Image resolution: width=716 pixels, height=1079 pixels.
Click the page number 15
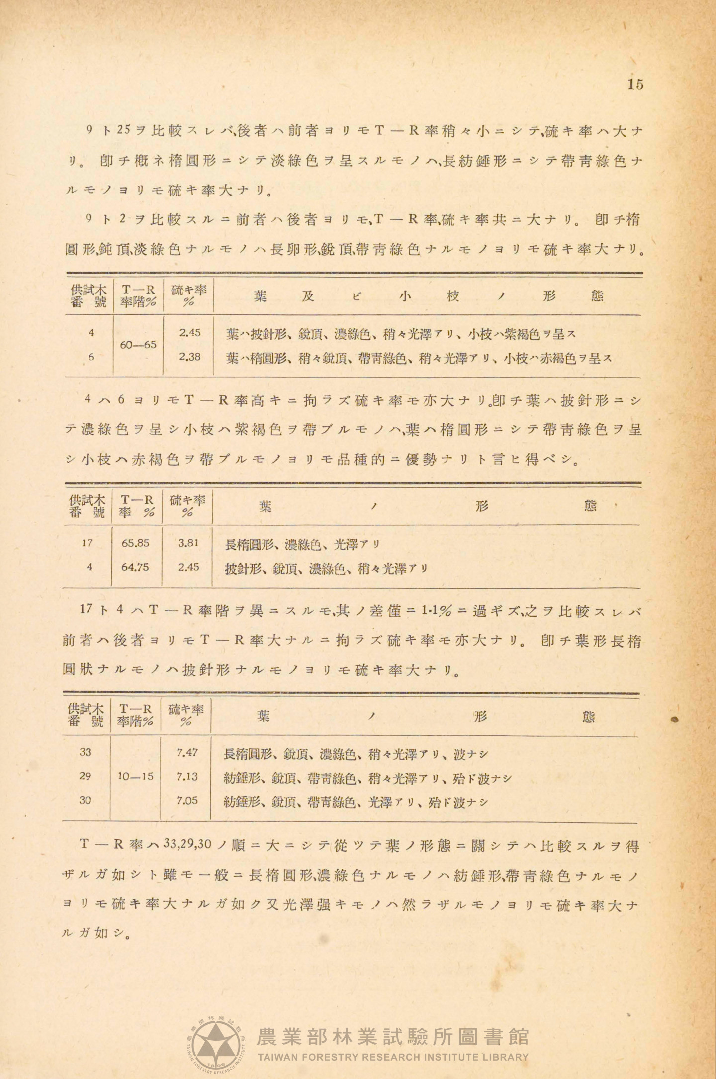pyautogui.click(x=635, y=84)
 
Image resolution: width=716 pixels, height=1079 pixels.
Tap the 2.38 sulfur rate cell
pyautogui.click(x=190, y=357)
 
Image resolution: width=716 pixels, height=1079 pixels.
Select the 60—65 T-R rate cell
pyautogui.click(x=138, y=345)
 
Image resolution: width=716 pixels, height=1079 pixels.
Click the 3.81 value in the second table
pyautogui.click(x=188, y=543)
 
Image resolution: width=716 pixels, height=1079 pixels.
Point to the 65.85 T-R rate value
pyautogui.click(x=135, y=543)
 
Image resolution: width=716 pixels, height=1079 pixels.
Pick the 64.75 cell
pyautogui.click(x=135, y=567)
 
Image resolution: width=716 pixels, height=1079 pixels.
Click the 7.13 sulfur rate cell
pyautogui.click(x=187, y=777)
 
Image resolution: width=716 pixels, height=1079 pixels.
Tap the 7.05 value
pyautogui.click(x=187, y=800)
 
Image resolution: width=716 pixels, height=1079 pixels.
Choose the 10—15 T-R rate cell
pyautogui.click(x=135, y=777)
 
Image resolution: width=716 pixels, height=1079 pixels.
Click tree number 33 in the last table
pyautogui.click(x=86, y=753)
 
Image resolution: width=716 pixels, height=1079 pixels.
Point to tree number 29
pyautogui.click(x=86, y=776)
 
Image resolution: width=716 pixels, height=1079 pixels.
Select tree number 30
pyautogui.click(x=86, y=800)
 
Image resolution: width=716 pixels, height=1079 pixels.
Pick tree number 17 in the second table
pyautogui.click(x=87, y=543)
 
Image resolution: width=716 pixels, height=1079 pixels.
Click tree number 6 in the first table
pyautogui.click(x=91, y=357)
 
